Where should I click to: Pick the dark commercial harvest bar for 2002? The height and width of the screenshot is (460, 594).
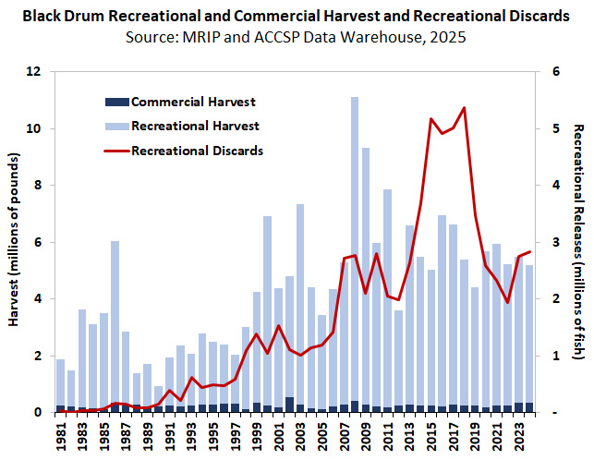(x=289, y=405)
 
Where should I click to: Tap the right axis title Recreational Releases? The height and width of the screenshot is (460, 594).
(x=579, y=242)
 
